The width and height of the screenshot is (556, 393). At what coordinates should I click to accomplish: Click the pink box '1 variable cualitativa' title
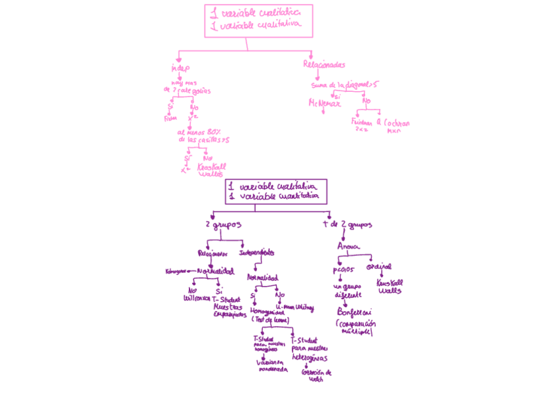click(258, 20)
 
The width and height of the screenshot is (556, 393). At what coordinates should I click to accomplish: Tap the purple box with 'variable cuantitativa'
click(275, 192)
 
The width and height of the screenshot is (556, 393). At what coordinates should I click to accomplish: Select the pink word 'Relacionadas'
click(324, 64)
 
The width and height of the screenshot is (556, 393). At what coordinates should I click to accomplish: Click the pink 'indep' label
click(180, 68)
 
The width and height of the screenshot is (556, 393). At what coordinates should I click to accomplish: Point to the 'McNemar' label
click(324, 103)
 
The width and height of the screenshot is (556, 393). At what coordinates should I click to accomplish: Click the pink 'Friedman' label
click(362, 122)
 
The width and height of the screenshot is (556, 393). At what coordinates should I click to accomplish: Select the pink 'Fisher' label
click(170, 119)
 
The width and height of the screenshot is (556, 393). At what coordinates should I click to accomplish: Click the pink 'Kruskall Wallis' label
click(211, 170)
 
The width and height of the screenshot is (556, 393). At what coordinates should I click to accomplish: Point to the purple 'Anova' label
click(348, 246)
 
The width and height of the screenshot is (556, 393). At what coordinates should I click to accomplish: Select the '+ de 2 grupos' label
click(347, 224)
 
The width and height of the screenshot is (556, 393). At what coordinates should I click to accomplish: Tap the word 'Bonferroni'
click(355, 312)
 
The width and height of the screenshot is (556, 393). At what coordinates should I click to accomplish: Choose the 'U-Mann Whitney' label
click(295, 306)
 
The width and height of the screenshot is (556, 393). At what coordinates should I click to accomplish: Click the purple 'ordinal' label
click(379, 267)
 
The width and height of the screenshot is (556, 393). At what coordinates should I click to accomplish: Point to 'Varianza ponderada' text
click(273, 365)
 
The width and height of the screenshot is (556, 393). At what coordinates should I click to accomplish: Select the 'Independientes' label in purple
click(256, 252)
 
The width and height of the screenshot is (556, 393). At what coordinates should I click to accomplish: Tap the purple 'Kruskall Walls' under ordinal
click(389, 287)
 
